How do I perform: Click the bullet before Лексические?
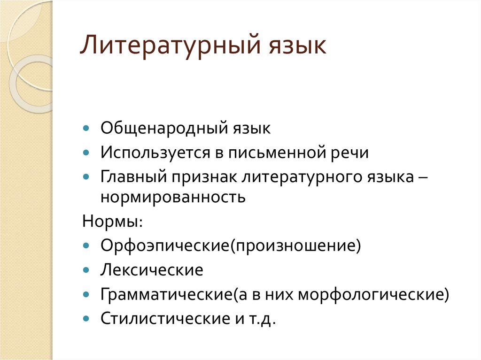[85, 270]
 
